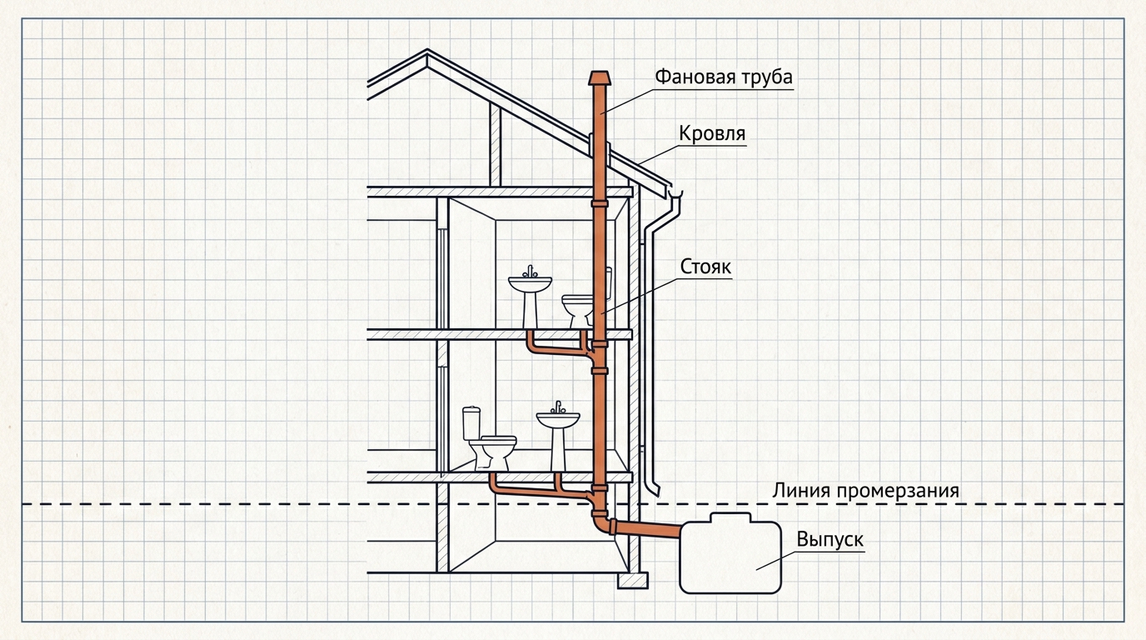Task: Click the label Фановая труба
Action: tap(724, 77)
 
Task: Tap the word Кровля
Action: tap(712, 133)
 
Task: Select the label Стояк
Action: tap(705, 267)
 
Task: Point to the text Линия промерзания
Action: tap(865, 491)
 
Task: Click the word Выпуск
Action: tap(830, 539)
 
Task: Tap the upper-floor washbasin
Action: tap(530, 298)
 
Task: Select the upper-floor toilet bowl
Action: tap(577, 310)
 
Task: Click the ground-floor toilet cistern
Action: tap(471, 422)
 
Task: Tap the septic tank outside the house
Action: tap(730, 556)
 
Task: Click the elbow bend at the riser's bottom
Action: tap(603, 523)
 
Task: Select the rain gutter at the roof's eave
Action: tap(675, 194)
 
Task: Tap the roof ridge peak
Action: tap(427, 52)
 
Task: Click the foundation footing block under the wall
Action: tap(632, 581)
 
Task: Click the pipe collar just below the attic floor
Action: tap(599, 204)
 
